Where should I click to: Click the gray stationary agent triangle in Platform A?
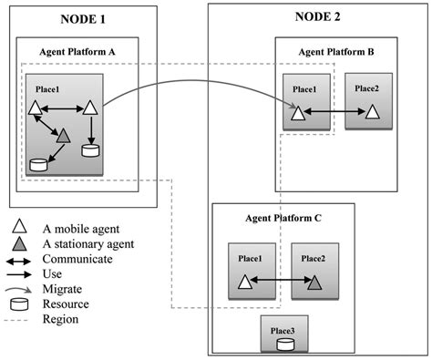[62, 136]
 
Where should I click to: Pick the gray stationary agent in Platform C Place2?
[314, 283]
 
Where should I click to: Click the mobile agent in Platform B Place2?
[374, 113]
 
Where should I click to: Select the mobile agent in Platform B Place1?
[297, 113]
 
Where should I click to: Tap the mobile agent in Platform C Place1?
[244, 283]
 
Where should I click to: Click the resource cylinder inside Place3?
[284, 344]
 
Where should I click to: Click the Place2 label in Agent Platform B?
[368, 87]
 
